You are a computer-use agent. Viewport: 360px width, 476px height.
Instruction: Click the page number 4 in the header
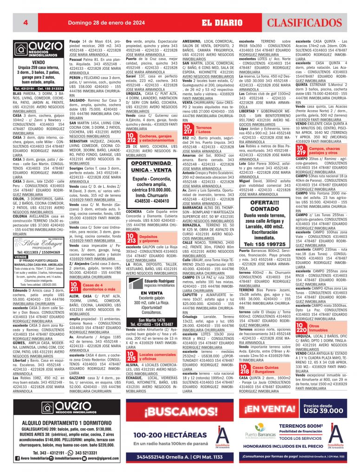[19, 22]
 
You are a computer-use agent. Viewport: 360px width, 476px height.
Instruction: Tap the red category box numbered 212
[131, 138]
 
